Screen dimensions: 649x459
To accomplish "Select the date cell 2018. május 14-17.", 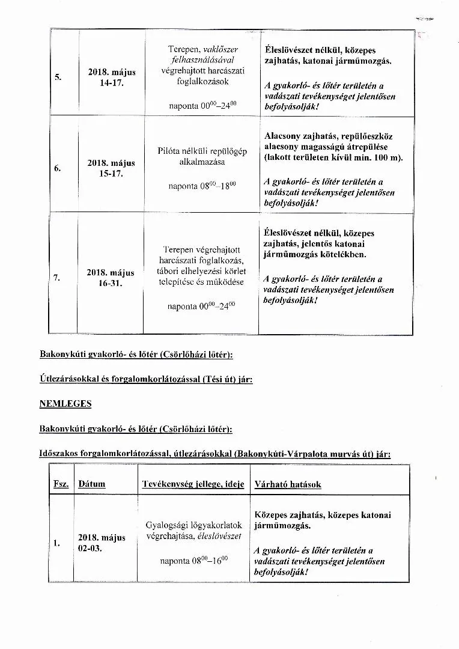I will (112, 78).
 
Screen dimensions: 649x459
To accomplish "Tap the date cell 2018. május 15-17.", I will (111, 168).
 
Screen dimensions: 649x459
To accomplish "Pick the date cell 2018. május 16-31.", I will (111, 278).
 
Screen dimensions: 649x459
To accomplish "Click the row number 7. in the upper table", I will (57, 277).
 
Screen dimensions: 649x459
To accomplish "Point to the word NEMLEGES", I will (65, 404).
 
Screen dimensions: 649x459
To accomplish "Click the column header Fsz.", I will (61, 484).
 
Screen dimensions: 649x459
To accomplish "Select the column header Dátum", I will (91, 484).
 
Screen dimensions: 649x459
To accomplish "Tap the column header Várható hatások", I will (288, 484).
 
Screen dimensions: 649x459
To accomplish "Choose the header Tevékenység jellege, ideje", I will (193, 484).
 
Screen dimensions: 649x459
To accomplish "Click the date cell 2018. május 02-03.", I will (102, 543).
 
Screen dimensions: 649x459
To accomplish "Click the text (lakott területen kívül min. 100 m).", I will (333, 157).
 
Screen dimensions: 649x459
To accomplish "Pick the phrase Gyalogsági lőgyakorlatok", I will (194, 525).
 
